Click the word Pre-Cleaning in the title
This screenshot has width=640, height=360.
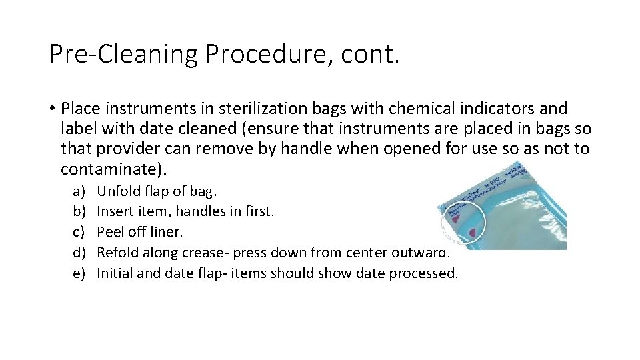(123, 54)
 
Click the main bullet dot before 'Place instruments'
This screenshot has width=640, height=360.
(51, 109)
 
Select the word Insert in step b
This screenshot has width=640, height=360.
(113, 212)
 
